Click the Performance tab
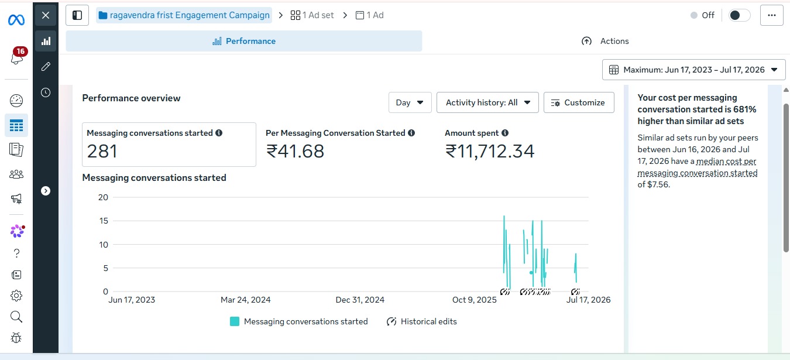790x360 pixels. [243, 41]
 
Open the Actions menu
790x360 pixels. [605, 41]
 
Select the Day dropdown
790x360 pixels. [410, 102]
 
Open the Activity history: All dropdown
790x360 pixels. [487, 102]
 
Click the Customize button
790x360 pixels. [579, 102]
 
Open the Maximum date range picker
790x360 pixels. [693, 70]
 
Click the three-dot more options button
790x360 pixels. [772, 15]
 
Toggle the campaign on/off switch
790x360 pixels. [739, 15]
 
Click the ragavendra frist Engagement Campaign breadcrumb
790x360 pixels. [184, 15]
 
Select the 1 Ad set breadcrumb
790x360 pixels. [312, 15]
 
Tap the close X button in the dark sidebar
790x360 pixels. [46, 15]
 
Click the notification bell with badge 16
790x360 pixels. [18, 56]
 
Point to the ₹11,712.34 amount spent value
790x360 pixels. [490, 151]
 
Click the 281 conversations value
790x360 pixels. [102, 151]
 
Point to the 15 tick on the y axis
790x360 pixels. [104, 221]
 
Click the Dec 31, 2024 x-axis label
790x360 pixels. [360, 300]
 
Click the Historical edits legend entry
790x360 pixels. [421, 321]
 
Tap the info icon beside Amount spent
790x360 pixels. [505, 133]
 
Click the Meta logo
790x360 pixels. [16, 20]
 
